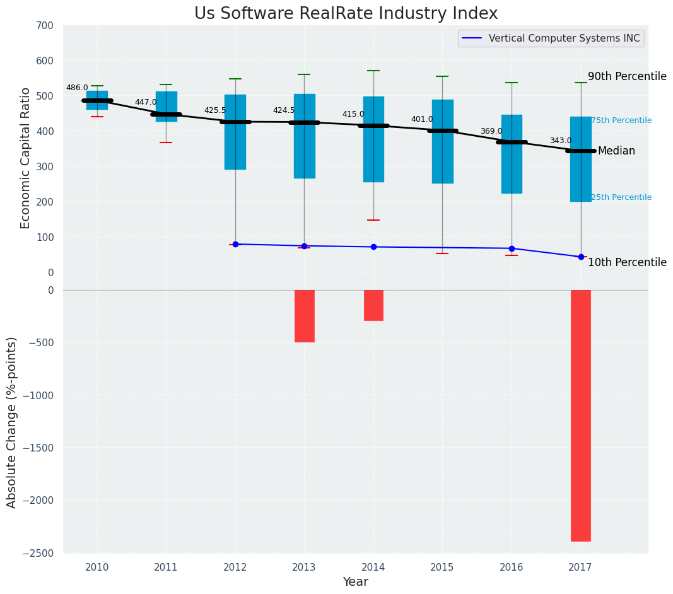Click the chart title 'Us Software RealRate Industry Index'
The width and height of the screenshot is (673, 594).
click(346, 14)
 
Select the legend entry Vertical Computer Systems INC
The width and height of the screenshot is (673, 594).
click(564, 38)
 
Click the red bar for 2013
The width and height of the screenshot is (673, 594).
click(304, 316)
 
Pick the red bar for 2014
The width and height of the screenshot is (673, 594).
click(373, 305)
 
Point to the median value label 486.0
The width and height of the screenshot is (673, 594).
click(77, 88)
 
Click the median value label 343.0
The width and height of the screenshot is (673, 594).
click(561, 141)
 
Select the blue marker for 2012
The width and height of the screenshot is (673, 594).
click(235, 244)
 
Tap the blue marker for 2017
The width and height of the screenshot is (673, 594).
click(581, 257)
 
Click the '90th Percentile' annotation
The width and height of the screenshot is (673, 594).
click(627, 76)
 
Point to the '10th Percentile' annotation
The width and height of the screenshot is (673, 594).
click(627, 262)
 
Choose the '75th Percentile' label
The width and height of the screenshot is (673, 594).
click(621, 120)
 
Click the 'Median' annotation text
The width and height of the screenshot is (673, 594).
click(616, 151)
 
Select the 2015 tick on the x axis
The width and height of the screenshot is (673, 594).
click(442, 567)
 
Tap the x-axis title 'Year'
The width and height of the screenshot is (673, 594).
click(356, 582)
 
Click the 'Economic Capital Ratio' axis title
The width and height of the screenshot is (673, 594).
click(25, 158)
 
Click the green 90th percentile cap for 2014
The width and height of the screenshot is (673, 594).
click(373, 71)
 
